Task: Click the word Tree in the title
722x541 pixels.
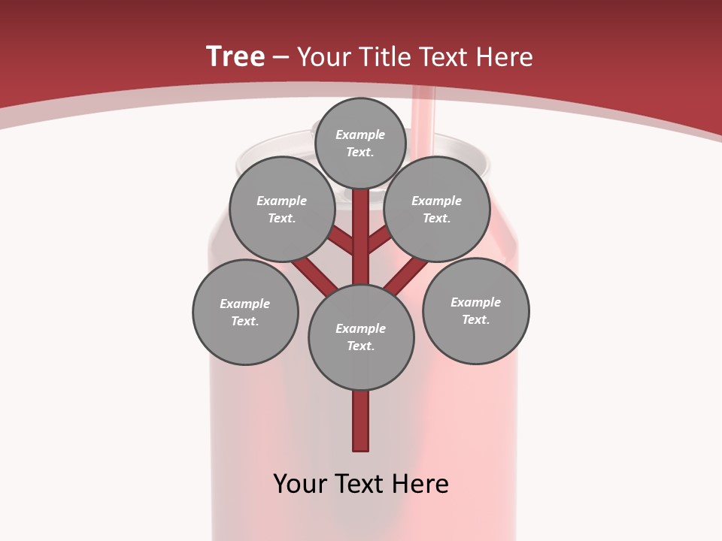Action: [x=235, y=57]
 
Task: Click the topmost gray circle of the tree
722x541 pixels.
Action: [x=360, y=143]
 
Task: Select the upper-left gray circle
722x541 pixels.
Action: [x=281, y=209]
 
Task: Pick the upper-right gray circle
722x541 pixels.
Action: [x=437, y=209]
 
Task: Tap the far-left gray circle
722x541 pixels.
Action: [x=245, y=312]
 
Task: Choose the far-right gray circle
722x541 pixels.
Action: [x=476, y=310]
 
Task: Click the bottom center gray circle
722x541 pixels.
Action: [x=361, y=337]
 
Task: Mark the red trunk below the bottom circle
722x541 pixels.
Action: [x=361, y=421]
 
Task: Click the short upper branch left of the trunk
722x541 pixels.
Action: [x=341, y=241]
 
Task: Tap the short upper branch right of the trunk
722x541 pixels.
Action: [x=379, y=240]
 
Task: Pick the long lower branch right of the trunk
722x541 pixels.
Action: [x=405, y=276]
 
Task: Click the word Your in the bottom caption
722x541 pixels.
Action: [x=300, y=484]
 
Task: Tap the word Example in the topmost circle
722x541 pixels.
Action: [x=360, y=134]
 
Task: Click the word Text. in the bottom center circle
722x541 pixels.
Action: [x=360, y=346]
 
